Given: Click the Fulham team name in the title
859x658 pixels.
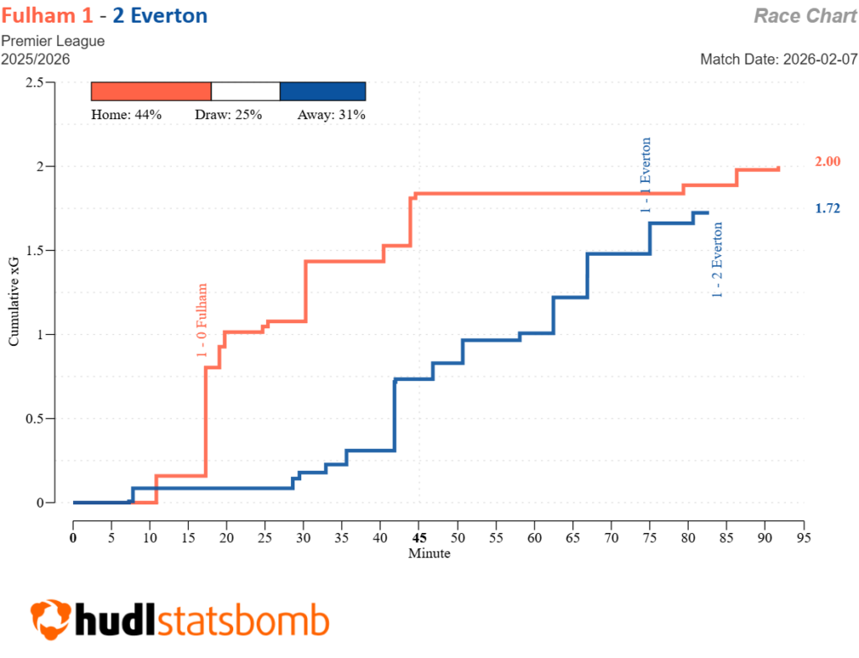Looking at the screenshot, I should click(41, 15).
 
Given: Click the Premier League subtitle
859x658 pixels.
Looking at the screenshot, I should click(53, 41).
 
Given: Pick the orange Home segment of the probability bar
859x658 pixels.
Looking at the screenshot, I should click(151, 91).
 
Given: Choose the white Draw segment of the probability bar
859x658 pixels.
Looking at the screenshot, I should click(245, 91).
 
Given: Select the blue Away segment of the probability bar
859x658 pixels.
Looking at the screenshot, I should click(323, 91).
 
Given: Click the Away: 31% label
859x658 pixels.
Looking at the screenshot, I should click(331, 115).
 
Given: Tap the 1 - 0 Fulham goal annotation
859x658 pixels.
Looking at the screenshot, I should click(202, 321).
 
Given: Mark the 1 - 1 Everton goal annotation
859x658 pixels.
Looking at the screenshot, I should click(645, 175).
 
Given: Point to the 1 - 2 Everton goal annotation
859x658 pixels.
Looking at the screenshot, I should click(718, 258).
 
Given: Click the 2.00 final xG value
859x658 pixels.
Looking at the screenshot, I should click(829, 162).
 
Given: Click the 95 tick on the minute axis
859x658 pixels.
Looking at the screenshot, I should click(804, 538).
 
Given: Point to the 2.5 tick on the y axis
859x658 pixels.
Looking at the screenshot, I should click(34, 82).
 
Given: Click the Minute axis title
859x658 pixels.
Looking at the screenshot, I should click(429, 554).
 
